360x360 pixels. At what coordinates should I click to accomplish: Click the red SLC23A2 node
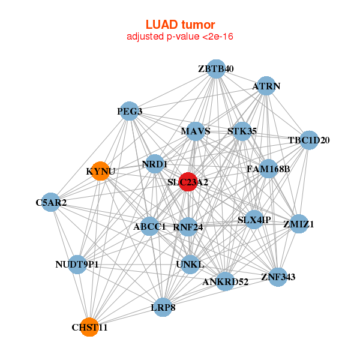click(188, 182)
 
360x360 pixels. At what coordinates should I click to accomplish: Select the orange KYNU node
click(100, 171)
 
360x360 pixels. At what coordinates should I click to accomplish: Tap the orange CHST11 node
click(89, 327)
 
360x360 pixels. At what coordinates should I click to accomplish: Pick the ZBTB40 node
click(215, 69)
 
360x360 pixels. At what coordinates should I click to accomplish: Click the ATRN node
click(266, 86)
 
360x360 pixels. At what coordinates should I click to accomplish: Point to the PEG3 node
click(130, 111)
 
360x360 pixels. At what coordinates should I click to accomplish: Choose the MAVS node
click(195, 131)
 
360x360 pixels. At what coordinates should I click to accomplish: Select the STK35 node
click(242, 131)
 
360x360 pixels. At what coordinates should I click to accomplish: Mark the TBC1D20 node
click(308, 140)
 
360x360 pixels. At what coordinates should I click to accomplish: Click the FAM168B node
click(268, 169)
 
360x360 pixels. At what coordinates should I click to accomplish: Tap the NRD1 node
click(155, 164)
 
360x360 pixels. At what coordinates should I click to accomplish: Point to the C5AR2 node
click(51, 202)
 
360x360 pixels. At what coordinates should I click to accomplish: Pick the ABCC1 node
click(149, 226)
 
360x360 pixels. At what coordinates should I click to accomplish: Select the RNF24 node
click(188, 227)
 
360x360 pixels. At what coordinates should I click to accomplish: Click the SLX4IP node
click(254, 220)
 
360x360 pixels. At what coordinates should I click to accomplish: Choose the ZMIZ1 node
click(299, 224)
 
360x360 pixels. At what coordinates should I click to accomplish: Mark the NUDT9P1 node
click(77, 264)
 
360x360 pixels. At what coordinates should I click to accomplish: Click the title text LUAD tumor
click(180, 25)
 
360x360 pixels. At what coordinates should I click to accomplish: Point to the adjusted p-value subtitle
click(180, 37)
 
